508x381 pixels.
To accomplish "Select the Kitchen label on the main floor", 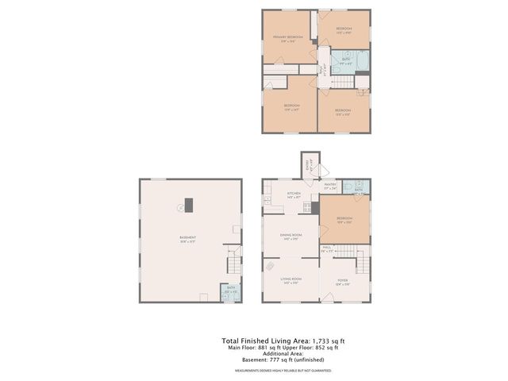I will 294,193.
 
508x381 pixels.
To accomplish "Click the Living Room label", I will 291,279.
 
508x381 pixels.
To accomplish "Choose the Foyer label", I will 343,279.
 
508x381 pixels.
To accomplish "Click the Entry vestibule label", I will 311,166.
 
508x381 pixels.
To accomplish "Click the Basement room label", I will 188,238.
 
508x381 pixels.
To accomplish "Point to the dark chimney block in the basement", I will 189,202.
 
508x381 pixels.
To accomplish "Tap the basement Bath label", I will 231,291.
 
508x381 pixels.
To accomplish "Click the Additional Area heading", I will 283,354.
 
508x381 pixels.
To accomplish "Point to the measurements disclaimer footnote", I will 283,371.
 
